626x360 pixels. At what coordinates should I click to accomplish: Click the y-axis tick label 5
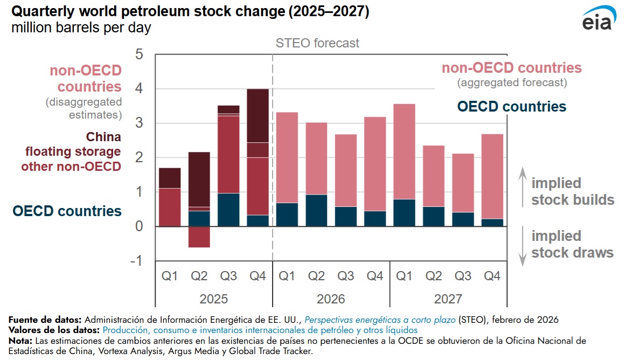139,54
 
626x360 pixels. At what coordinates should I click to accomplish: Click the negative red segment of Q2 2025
199,237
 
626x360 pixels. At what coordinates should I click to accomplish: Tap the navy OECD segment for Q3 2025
228,210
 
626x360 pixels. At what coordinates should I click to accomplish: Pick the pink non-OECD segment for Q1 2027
404,151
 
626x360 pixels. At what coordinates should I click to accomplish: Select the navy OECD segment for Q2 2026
316,210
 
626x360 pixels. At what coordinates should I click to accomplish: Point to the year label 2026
331,299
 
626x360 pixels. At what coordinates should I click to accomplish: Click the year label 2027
448,299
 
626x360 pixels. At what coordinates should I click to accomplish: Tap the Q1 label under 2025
170,276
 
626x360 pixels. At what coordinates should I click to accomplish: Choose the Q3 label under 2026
345,276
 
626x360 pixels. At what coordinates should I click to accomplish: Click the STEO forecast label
317,43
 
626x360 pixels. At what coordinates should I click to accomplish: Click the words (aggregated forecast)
512,83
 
